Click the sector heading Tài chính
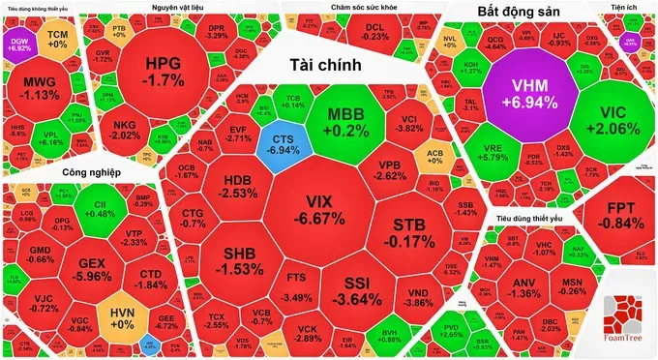pyautogui.click(x=325, y=65)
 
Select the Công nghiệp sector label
pyautogui.click(x=61, y=173)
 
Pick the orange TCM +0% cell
pyautogui.click(x=57, y=39)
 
